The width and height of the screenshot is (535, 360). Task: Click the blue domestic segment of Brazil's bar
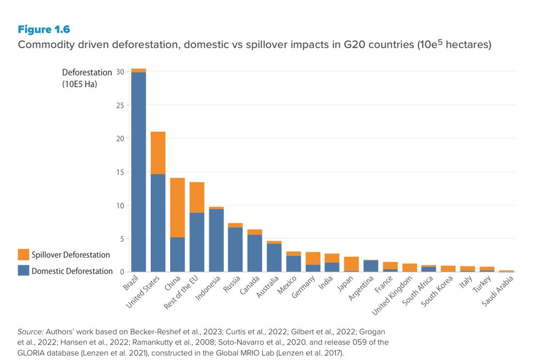pyautogui.click(x=139, y=171)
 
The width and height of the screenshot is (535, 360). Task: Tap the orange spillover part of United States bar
pyautogui.click(x=158, y=153)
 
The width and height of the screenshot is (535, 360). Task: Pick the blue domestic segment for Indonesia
pyautogui.click(x=216, y=240)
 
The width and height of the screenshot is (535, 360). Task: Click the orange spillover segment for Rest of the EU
pyautogui.click(x=197, y=197)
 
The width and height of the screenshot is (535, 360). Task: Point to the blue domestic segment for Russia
pyautogui.click(x=235, y=249)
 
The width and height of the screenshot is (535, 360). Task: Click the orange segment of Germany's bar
pyautogui.click(x=313, y=258)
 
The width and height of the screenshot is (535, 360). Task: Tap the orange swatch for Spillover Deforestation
pyautogui.click(x=24, y=255)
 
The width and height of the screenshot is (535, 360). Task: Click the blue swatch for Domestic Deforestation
pyautogui.click(x=24, y=271)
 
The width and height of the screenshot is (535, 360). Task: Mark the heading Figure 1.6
pyautogui.click(x=44, y=29)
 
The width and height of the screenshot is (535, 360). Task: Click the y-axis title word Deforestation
pyautogui.click(x=87, y=73)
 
